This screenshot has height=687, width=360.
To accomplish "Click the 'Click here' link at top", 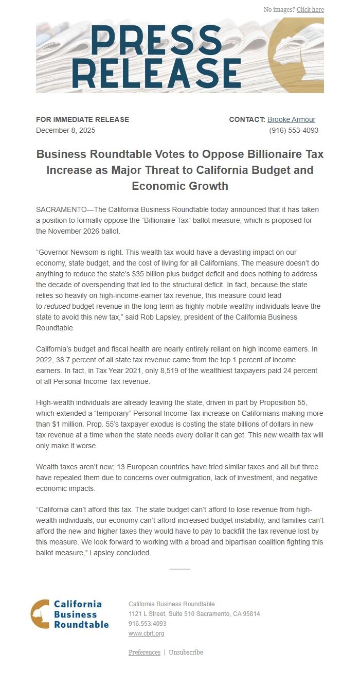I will pyautogui.click(x=310, y=10).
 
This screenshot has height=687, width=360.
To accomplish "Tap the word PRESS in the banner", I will pyautogui.click(x=156, y=40).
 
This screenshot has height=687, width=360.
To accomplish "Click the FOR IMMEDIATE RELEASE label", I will pyautogui.click(x=82, y=119).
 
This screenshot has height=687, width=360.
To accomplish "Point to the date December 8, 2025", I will pyautogui.click(x=65, y=130).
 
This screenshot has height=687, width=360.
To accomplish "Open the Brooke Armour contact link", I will pyautogui.click(x=291, y=119).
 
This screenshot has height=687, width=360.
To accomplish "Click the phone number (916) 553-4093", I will pyautogui.click(x=294, y=130).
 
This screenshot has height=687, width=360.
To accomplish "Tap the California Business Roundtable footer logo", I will pyautogui.click(x=69, y=614).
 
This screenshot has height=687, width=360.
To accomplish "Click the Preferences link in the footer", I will pyautogui.click(x=144, y=653).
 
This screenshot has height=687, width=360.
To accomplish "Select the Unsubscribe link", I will pyautogui.click(x=186, y=653).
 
